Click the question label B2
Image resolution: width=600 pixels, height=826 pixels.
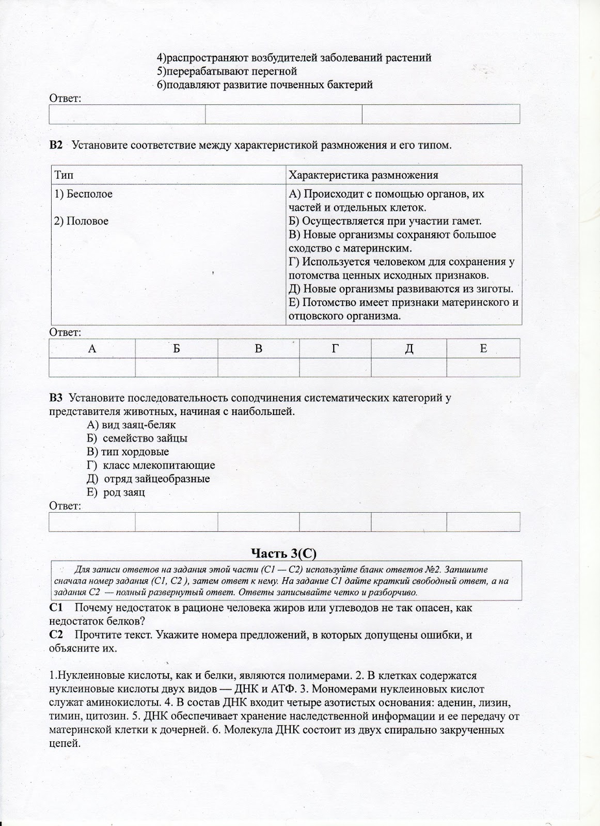click(x=55, y=145)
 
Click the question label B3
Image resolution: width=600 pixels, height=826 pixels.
click(x=55, y=398)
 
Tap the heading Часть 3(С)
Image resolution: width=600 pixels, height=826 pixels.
click(x=283, y=553)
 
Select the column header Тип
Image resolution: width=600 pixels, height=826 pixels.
click(x=64, y=175)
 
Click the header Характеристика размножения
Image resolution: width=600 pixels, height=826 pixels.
click(x=364, y=175)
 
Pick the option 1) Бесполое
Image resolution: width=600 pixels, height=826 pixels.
click(x=84, y=194)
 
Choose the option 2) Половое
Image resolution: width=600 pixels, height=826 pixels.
click(x=82, y=221)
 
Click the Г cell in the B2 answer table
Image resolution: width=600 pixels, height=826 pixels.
click(x=335, y=348)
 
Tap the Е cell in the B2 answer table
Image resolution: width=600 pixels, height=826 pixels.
click(x=483, y=348)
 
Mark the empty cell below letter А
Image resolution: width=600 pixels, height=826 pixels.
click(x=92, y=367)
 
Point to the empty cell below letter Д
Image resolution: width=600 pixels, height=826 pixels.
click(x=408, y=367)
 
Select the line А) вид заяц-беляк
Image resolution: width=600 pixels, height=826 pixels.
click(x=132, y=425)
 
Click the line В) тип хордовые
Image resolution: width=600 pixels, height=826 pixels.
click(x=128, y=452)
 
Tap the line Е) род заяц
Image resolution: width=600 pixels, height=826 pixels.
click(x=116, y=492)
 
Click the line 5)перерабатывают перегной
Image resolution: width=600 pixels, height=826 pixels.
click(x=227, y=71)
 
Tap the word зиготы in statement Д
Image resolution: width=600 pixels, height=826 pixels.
click(x=494, y=289)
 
